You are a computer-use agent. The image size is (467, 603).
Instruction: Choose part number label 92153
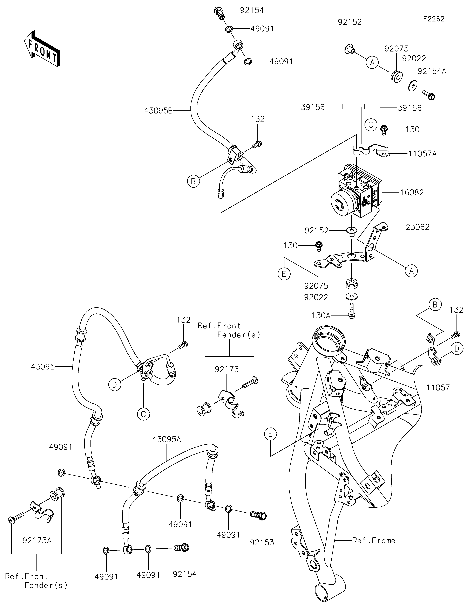[x=262, y=542]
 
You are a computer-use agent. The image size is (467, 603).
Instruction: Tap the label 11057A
[x=422, y=154]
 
